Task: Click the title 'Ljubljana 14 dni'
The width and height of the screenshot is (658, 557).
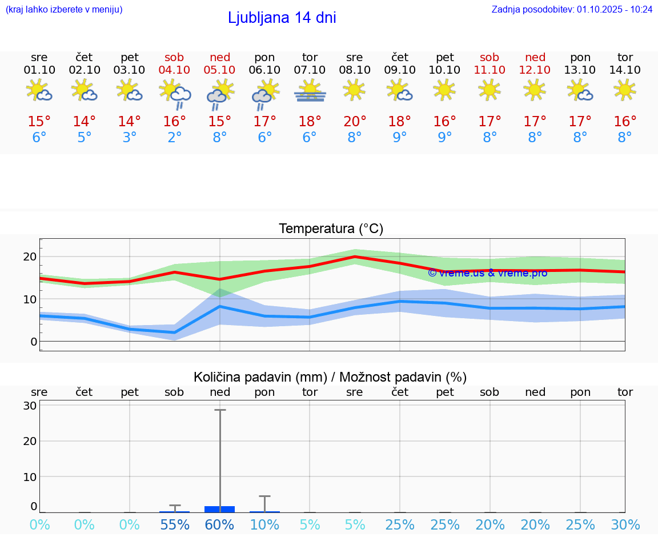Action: pos(282,18)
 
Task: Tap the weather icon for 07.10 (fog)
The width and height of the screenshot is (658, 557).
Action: pos(310,91)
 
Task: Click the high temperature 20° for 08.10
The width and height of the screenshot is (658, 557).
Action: pos(355,122)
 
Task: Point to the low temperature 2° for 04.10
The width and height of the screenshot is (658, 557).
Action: pos(175,138)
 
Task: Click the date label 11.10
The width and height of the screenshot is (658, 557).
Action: pos(490,70)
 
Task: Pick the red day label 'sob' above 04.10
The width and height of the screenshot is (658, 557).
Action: pos(175,57)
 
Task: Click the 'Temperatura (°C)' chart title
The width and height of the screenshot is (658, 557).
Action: pos(331,229)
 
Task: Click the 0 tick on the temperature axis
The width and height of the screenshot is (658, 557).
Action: pos(34,342)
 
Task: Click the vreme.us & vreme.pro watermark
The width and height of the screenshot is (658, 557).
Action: pos(487,273)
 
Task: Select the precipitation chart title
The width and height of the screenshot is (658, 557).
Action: pos(330,377)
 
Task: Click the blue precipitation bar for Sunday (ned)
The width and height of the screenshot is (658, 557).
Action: pos(219,509)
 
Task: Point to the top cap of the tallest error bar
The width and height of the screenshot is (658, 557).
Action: pos(220,410)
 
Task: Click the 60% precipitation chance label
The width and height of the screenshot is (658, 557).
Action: pos(219,524)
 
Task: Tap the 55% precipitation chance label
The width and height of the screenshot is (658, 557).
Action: pos(175,524)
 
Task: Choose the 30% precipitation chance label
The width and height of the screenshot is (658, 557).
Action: pos(625,524)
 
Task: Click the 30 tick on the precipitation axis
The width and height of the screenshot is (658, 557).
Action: pos(30,406)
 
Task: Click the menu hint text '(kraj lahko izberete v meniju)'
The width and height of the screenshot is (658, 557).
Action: pos(64,9)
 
